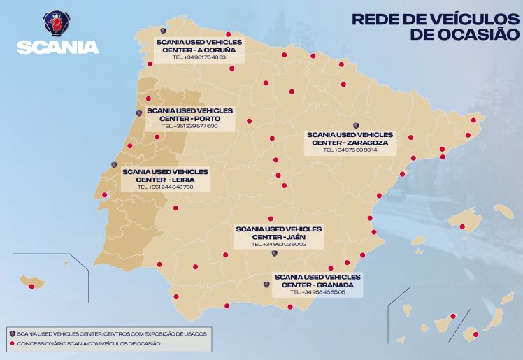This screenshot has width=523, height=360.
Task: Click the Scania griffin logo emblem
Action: [57, 24]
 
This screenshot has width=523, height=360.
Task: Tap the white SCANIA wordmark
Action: [57, 47]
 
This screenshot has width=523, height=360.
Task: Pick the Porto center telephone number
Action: [189, 126]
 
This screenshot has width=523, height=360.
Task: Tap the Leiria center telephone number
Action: [165, 187]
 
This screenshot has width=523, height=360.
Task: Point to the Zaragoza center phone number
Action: [350, 150]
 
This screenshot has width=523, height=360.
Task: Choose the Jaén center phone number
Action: [278, 245]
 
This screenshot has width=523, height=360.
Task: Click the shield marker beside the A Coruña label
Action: [163, 31]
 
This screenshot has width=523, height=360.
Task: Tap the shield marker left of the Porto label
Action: [138, 113]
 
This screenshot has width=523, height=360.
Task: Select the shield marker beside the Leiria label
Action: [114, 165]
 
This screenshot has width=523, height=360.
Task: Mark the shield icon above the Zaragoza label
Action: [355, 126]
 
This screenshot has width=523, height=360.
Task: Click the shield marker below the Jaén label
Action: [274, 253]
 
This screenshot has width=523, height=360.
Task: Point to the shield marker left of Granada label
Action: [266, 285]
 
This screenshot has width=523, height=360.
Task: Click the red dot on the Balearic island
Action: [462, 226]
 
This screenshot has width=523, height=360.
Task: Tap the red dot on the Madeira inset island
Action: [31, 286]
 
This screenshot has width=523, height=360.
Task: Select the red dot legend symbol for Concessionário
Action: [12, 343]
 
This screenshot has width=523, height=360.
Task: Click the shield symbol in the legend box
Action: [12, 333]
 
